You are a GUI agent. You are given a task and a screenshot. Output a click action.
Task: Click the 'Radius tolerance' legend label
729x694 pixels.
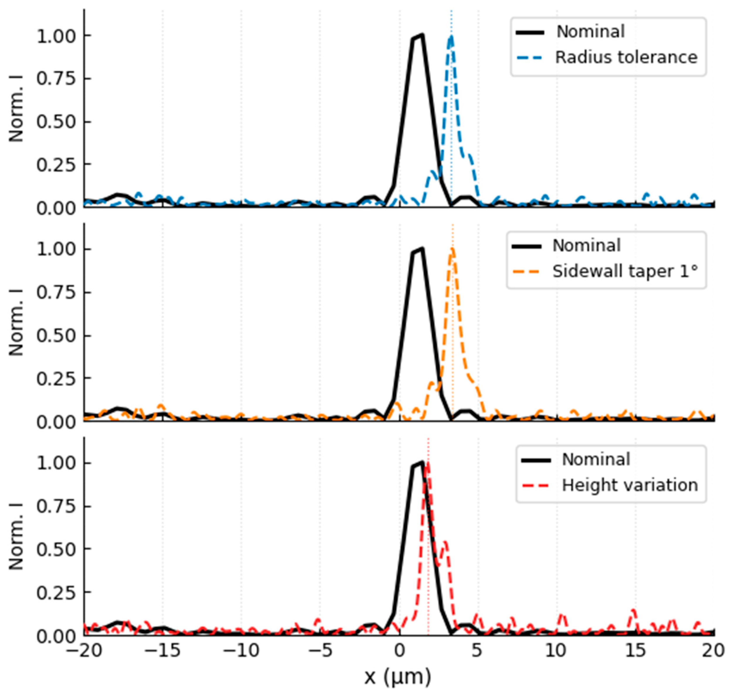pyautogui.click(x=626, y=57)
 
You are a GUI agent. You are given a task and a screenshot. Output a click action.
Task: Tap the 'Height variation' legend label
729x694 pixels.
pyautogui.click(x=630, y=485)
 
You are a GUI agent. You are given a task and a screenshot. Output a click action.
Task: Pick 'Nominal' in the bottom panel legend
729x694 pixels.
pyautogui.click(x=596, y=460)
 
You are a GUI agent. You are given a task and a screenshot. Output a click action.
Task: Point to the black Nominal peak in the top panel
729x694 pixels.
pyautogui.click(x=422, y=35)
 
